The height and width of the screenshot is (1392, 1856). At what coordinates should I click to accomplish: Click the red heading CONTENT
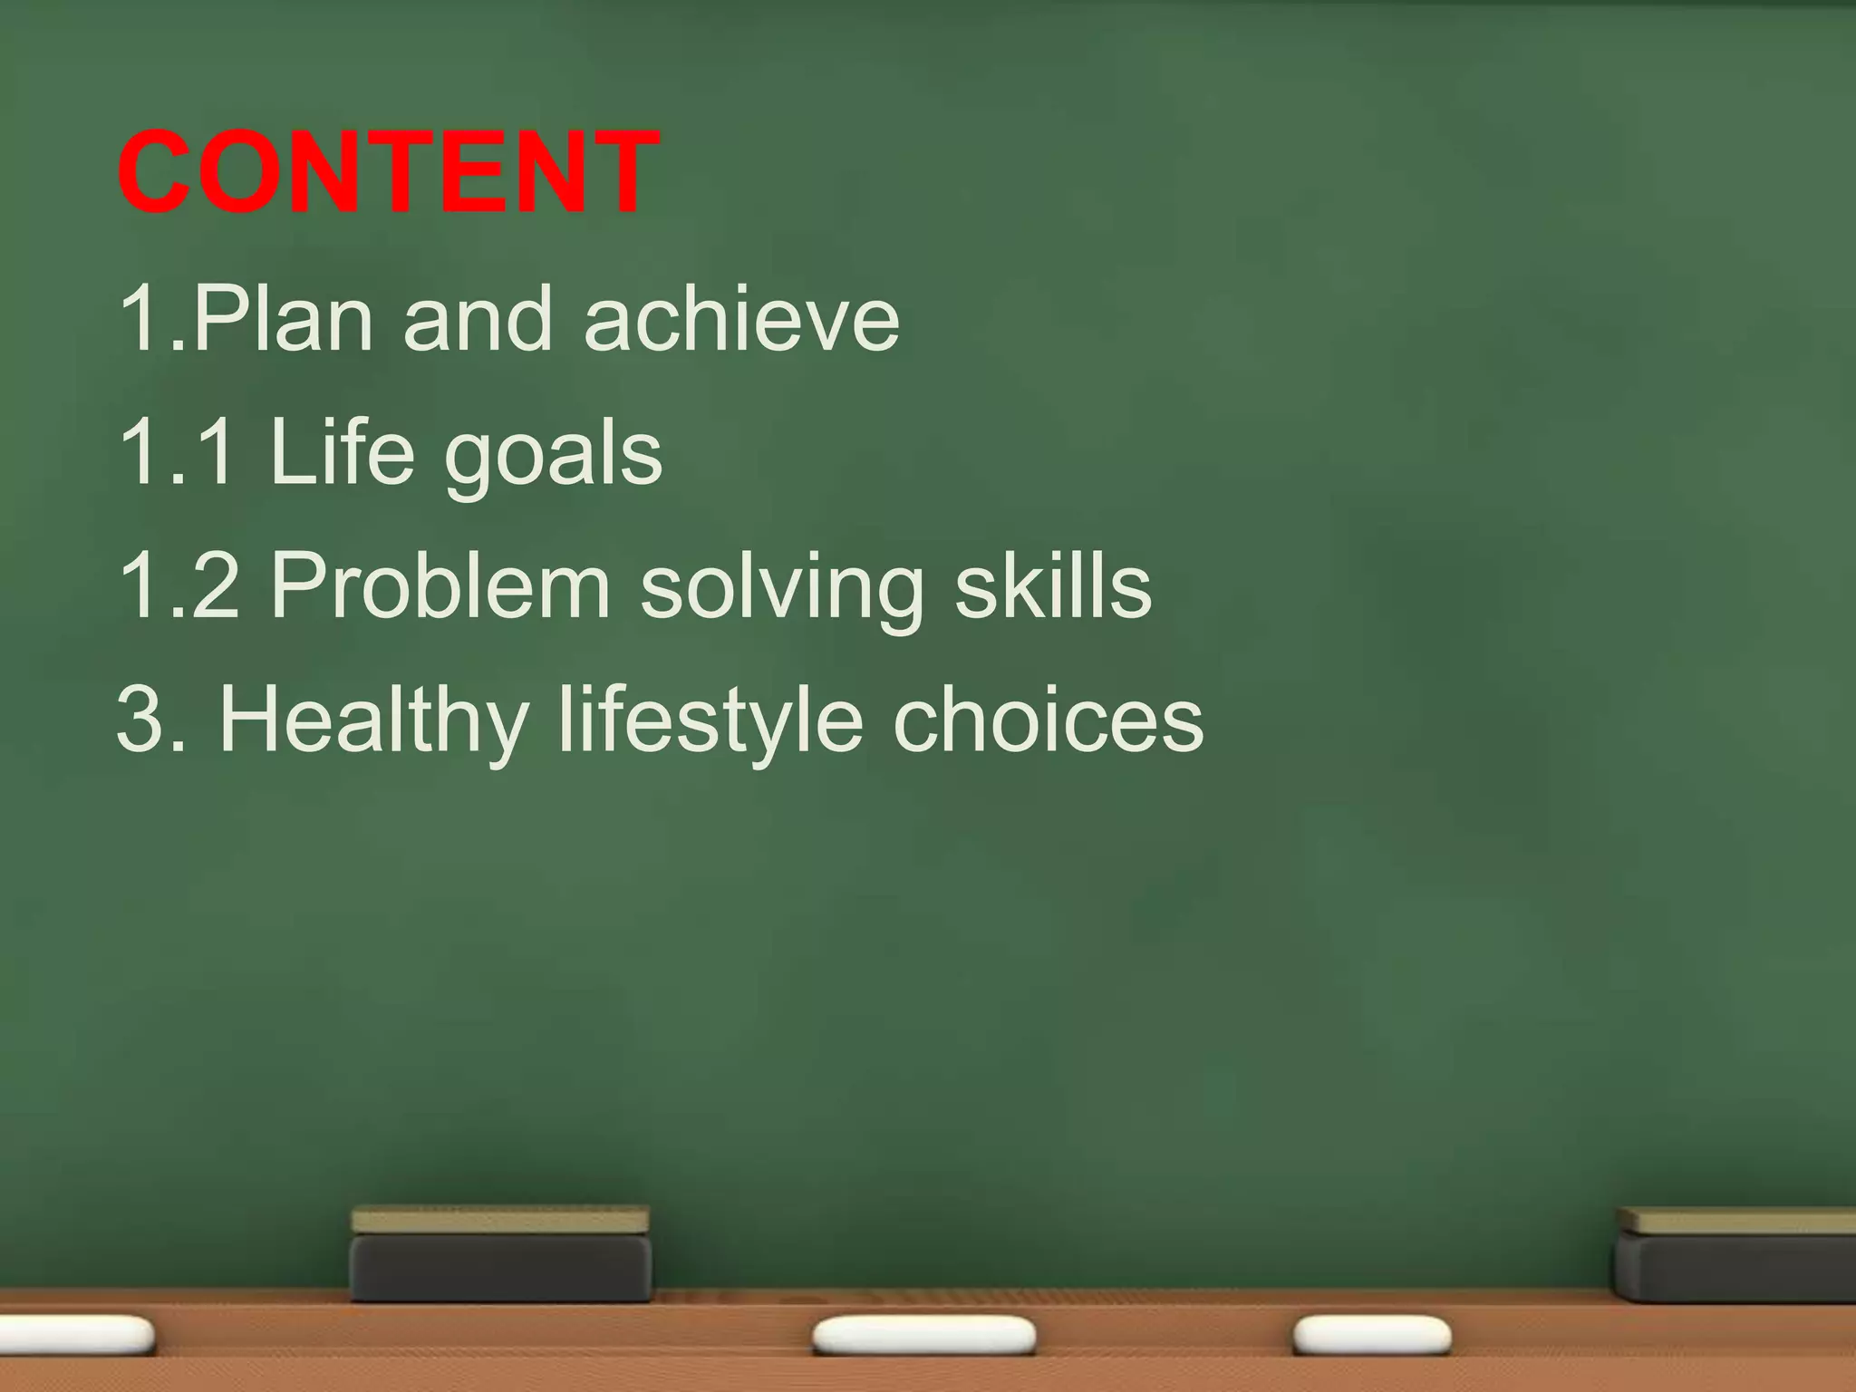[x=388, y=172]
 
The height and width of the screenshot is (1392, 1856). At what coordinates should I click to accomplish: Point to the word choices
[x=1049, y=720]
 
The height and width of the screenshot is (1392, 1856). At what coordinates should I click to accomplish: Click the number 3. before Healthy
[x=151, y=720]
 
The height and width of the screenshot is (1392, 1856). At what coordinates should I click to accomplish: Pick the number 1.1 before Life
[x=179, y=452]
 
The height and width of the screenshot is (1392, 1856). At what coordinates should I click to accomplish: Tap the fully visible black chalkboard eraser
[x=500, y=1255]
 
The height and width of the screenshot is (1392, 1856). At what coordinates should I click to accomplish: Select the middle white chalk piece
[x=923, y=1335]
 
